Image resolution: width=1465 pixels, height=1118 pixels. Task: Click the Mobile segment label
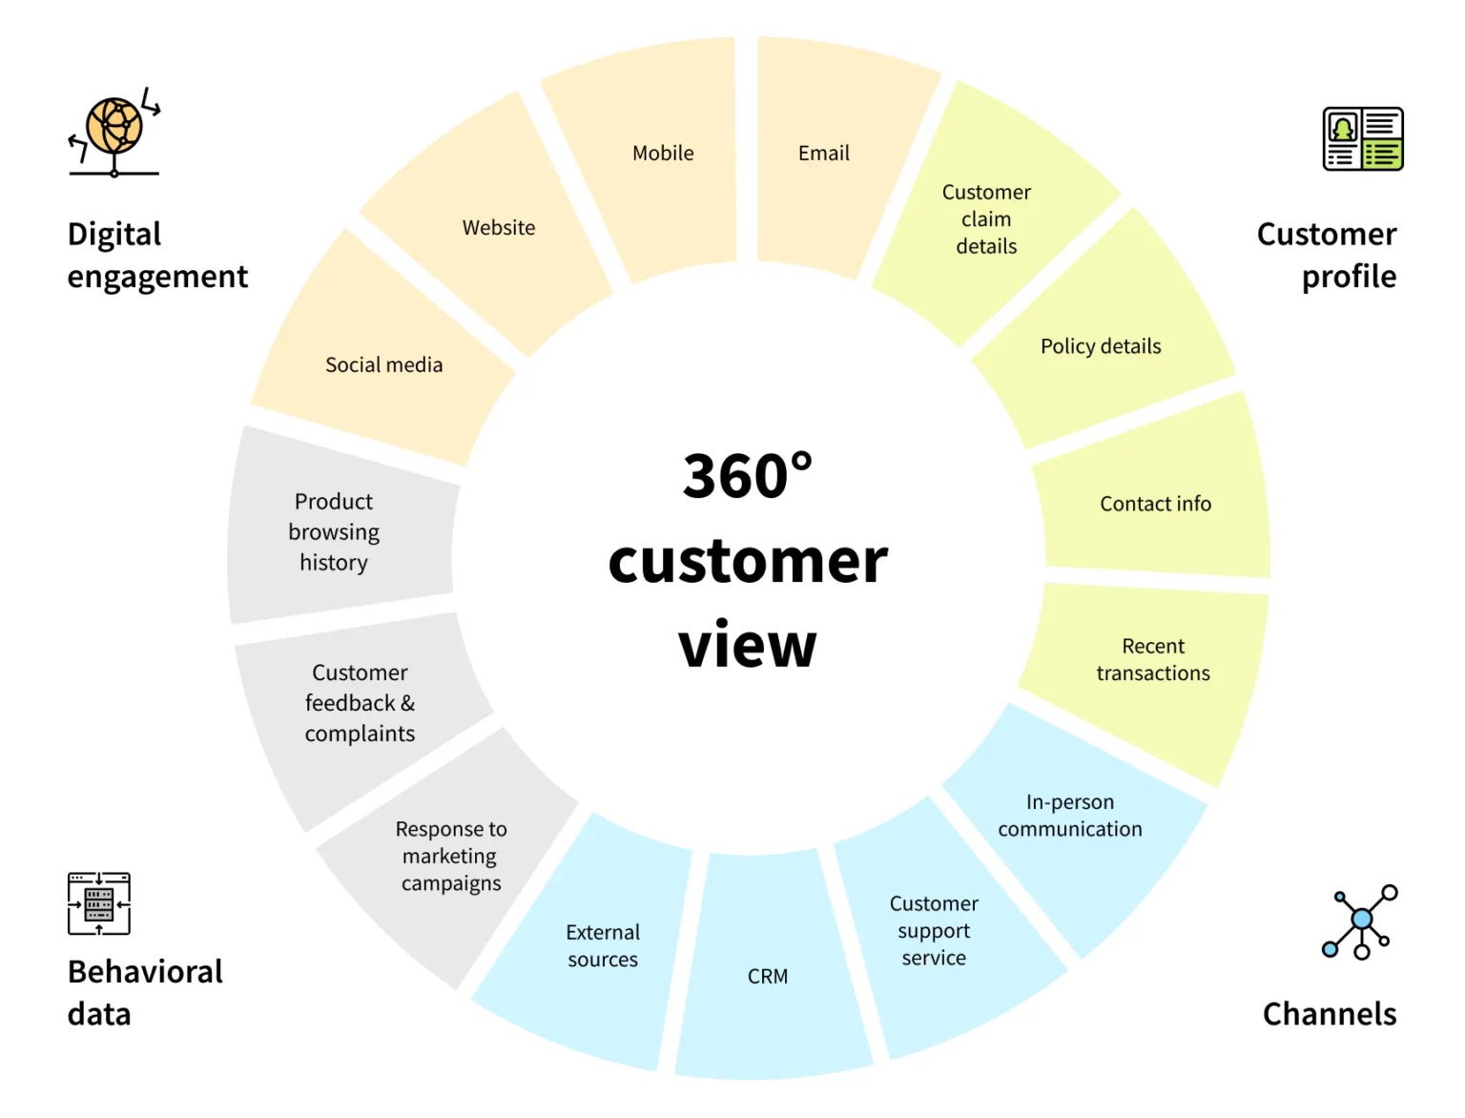663,154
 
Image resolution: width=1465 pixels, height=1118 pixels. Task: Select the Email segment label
823,154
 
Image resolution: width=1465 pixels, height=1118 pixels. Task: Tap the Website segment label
499,228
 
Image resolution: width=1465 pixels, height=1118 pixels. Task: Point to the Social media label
383,365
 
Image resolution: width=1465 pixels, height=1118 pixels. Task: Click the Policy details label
1101,346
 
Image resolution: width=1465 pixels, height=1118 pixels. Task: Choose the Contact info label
1155,504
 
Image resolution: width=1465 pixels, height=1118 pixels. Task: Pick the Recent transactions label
1153,660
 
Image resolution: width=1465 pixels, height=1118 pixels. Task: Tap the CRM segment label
768,977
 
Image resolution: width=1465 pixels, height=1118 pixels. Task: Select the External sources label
603,946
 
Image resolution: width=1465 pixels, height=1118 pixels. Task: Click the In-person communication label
1070,816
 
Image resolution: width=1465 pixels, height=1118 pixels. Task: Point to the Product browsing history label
334,532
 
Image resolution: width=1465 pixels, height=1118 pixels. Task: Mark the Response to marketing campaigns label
451,857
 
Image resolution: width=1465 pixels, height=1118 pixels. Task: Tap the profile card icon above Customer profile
1362,139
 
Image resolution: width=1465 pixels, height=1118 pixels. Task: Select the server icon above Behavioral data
99,903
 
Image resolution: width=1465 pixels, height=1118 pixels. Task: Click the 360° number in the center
748,476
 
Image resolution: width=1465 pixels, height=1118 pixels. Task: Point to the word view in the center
748,646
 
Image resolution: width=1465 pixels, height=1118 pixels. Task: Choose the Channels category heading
1329,1014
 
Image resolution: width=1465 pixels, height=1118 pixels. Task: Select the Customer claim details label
986,219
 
